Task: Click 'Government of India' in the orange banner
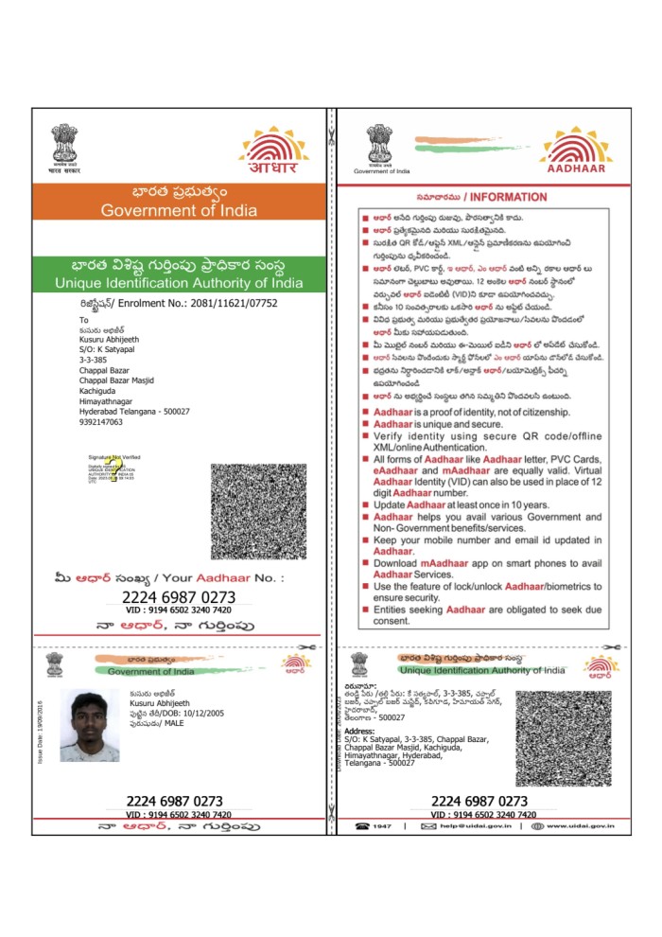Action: [179, 210]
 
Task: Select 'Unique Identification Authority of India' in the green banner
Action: [179, 283]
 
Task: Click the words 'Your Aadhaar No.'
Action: [218, 577]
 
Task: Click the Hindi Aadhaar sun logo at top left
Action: [273, 151]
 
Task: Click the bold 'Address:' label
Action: [359, 731]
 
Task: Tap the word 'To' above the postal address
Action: [84, 320]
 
